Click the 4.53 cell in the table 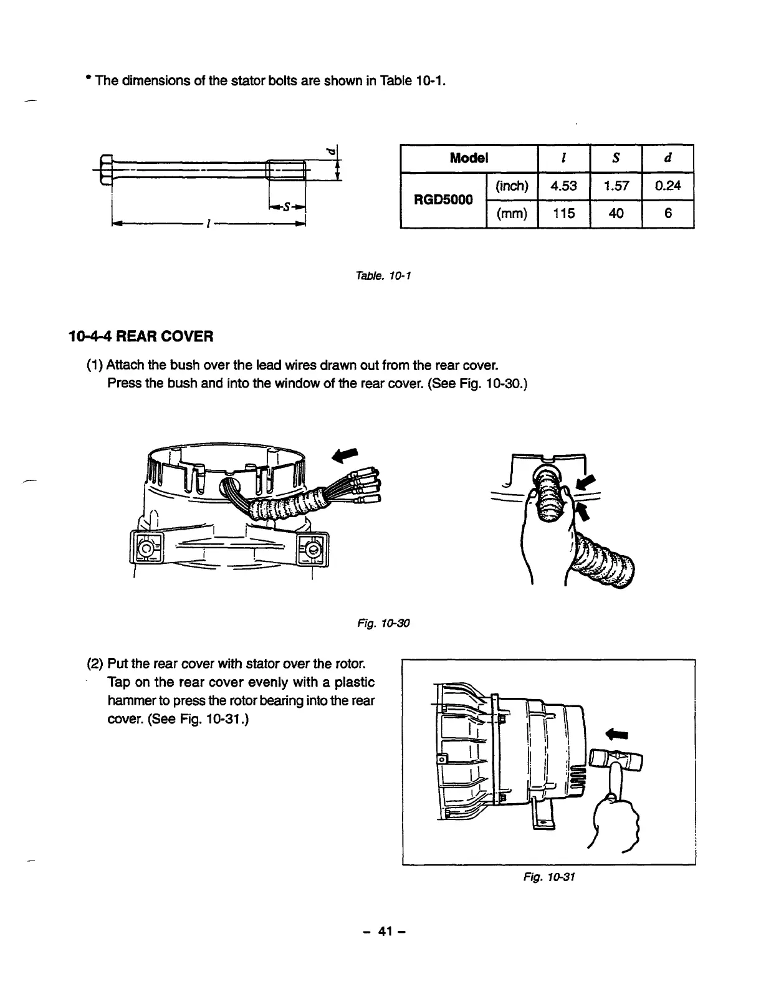point(563,186)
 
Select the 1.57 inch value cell point(616,186)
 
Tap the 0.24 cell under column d point(668,186)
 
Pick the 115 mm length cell point(563,214)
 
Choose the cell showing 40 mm point(616,214)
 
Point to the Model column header point(469,158)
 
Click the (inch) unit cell point(511,186)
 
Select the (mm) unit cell point(511,214)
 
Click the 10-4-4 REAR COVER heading point(141,337)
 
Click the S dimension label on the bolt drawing point(288,207)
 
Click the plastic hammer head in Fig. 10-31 point(616,760)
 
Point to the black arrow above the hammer point(617,732)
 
